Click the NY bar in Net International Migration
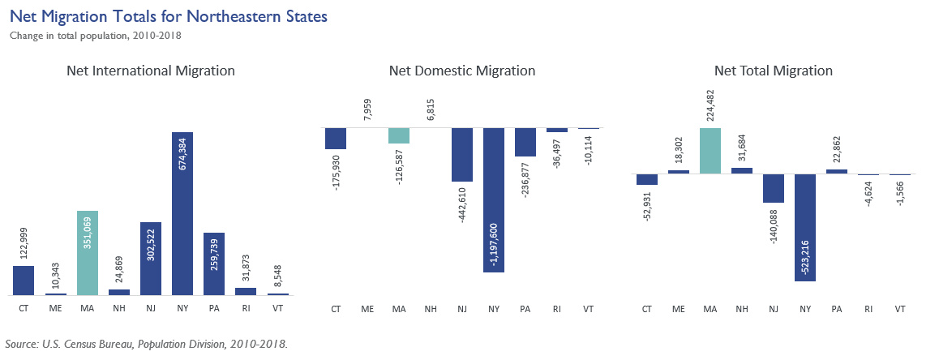click(x=182, y=213)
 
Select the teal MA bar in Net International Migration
click(x=88, y=253)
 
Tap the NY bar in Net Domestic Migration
click(x=494, y=199)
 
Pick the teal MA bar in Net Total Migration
click(x=710, y=151)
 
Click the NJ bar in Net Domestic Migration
click(x=462, y=155)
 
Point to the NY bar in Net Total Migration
click(x=805, y=227)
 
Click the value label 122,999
click(x=24, y=240)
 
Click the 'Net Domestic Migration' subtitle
click(x=461, y=71)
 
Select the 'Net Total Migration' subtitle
click(x=773, y=71)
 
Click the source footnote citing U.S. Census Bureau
click(x=146, y=344)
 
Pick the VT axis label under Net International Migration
click(x=277, y=309)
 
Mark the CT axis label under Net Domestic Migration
click(x=336, y=309)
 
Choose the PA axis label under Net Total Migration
click(x=837, y=309)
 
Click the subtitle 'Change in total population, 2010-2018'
click(x=95, y=35)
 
